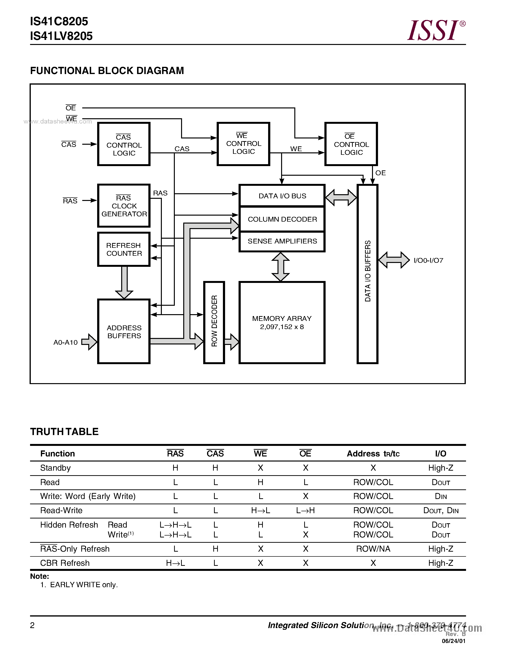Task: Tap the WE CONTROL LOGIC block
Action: pos(243,144)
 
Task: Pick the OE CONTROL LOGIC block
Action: pos(351,144)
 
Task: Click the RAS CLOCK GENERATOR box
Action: pos(124,206)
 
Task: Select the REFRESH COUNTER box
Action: pos(124,249)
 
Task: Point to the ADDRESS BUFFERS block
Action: pos(124,332)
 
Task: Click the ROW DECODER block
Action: pos(214,322)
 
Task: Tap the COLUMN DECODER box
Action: pos(282,219)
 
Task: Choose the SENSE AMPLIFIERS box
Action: pos(282,241)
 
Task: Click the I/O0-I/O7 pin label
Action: pos(428,261)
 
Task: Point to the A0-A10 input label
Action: pos(65,342)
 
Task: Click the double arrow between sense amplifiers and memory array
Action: pos(281,267)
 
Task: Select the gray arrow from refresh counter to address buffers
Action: pos(124,282)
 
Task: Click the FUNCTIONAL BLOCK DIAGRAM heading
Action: pos(107,70)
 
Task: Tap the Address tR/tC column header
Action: pos(373,454)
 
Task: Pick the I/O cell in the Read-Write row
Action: pos(441,511)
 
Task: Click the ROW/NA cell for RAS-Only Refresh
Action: pos(373,549)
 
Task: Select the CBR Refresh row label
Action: pos(65,563)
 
